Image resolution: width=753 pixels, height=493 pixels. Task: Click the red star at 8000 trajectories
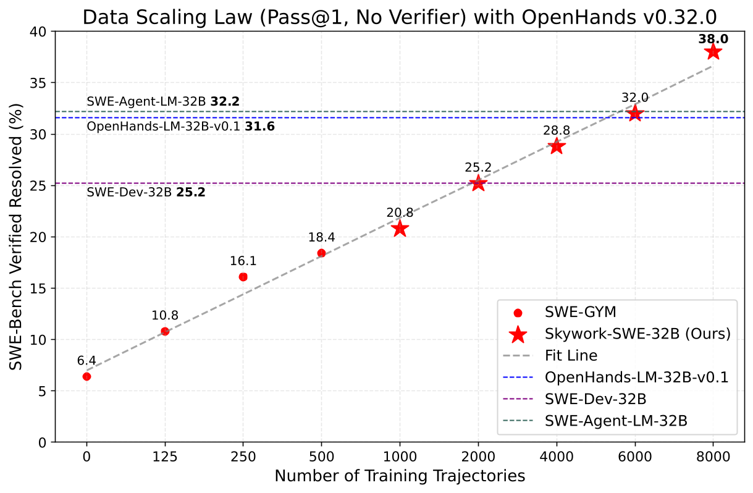point(713,52)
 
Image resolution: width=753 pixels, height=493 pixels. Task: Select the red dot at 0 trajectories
point(86,376)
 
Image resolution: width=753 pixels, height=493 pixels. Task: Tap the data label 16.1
point(243,261)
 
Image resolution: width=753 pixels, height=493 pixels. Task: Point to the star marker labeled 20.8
point(400,229)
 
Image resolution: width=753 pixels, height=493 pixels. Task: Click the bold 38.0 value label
point(713,39)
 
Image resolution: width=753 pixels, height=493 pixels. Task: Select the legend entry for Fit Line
point(571,356)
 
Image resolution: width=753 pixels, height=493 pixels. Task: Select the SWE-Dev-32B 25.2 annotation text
point(146,192)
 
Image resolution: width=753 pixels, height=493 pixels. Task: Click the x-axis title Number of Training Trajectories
point(400,476)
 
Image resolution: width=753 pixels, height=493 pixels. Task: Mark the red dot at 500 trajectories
point(321,253)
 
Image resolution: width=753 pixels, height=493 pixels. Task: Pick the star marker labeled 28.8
point(556,146)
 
